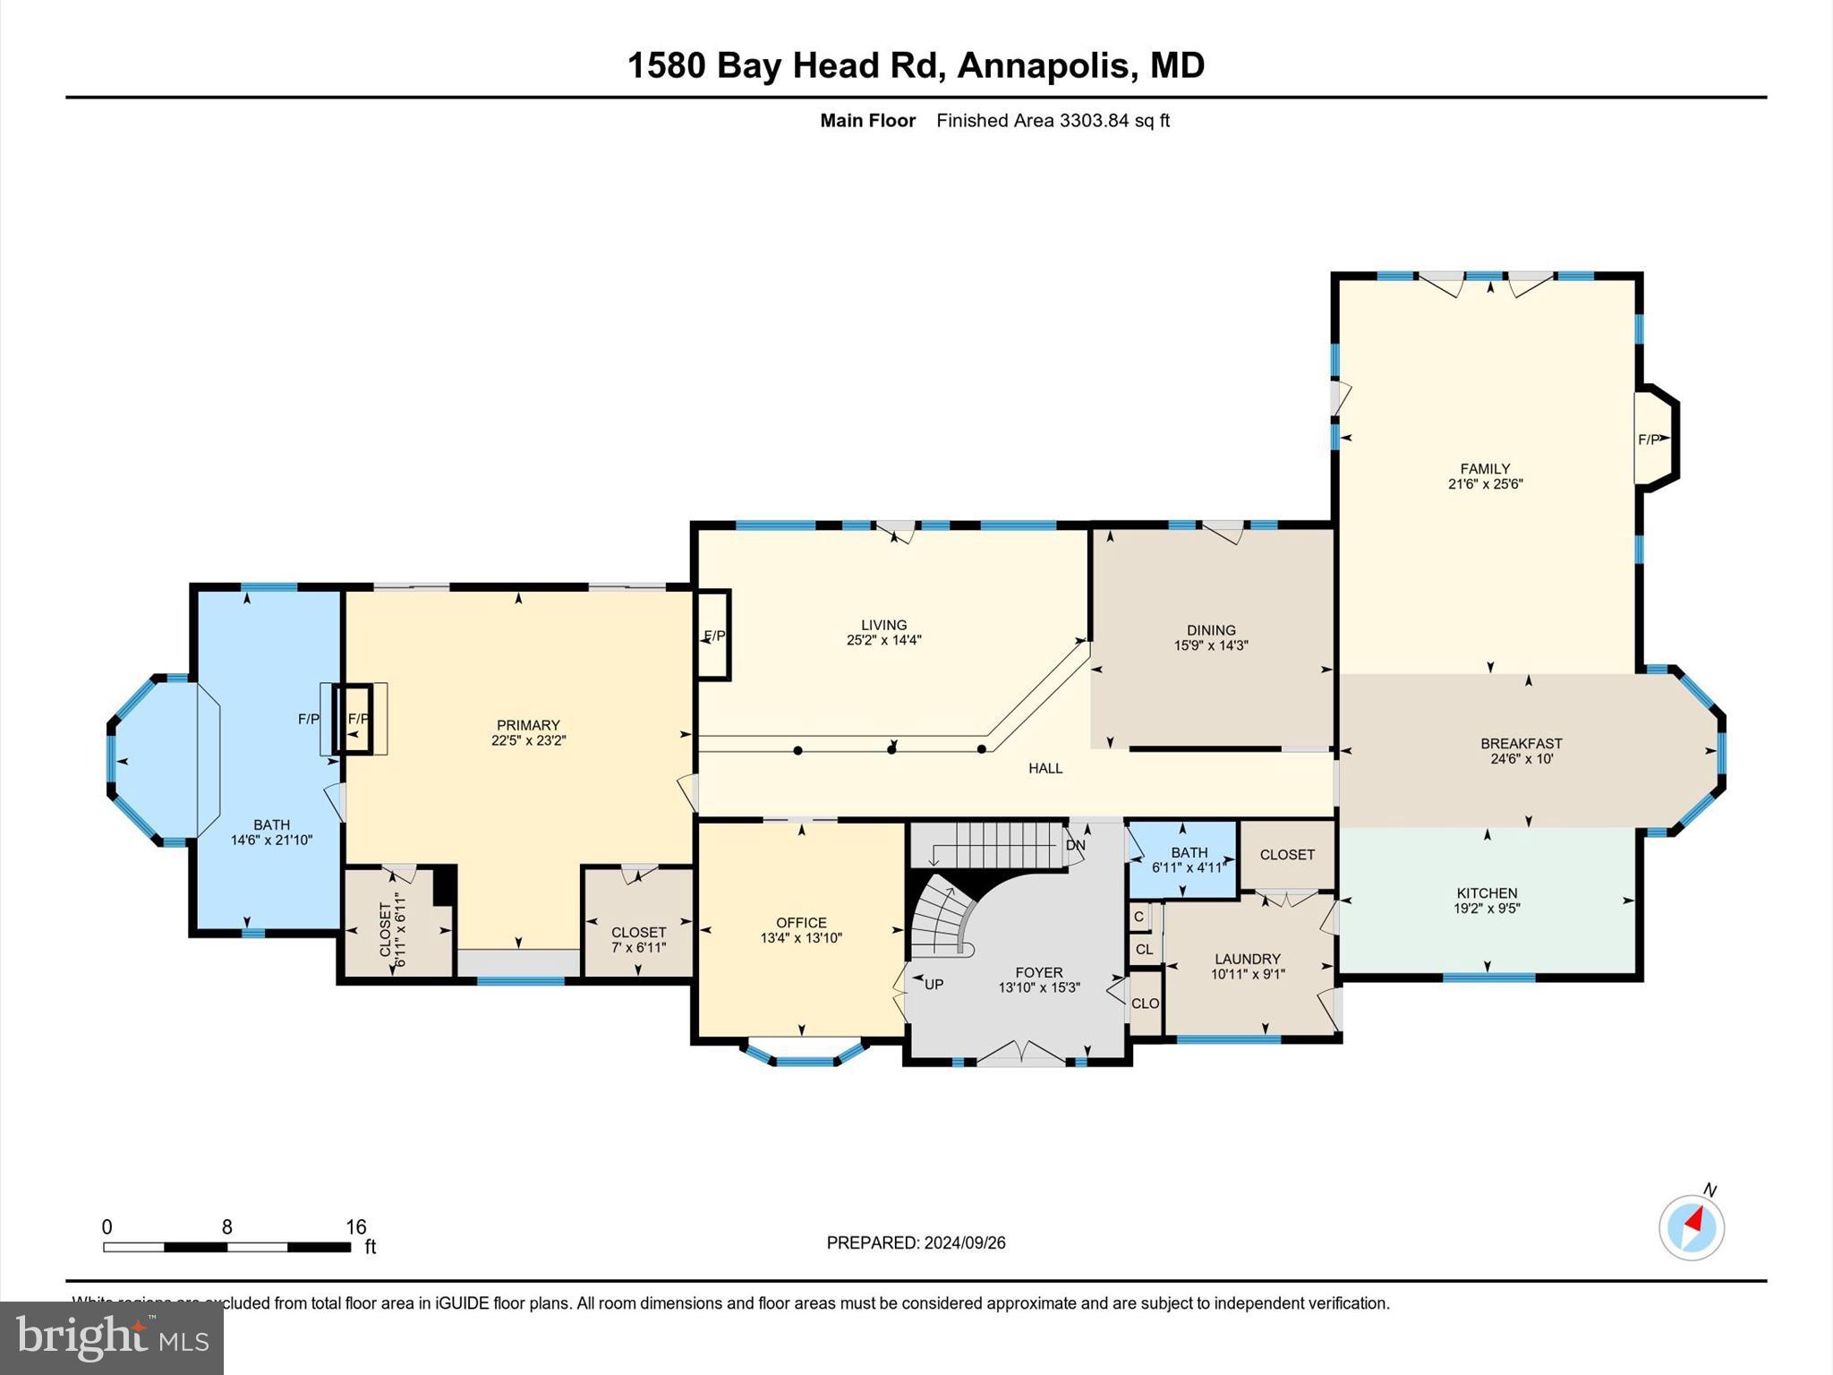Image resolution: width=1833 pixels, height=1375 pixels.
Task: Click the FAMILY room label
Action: tap(1485, 468)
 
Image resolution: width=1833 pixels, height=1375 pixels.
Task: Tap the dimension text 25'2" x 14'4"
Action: tap(883, 640)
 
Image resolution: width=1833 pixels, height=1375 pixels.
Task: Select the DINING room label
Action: tap(1211, 630)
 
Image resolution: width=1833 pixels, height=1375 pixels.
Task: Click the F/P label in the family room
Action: tap(1649, 440)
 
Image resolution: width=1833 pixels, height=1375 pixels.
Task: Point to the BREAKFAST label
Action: tap(1521, 743)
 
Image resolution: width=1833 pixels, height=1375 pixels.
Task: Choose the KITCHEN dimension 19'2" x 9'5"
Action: tap(1487, 908)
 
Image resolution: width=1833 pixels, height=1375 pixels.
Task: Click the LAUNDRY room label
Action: tap(1247, 959)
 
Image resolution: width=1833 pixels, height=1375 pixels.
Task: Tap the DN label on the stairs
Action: tap(1075, 845)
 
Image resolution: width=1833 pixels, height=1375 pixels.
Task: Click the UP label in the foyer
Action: tap(934, 985)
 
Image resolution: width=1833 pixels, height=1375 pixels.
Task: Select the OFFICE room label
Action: tap(801, 923)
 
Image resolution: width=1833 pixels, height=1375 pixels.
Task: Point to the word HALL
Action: tap(1044, 768)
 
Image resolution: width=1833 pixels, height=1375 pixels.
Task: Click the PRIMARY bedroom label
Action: tap(528, 725)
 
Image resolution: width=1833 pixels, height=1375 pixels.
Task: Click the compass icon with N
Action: tap(1691, 1227)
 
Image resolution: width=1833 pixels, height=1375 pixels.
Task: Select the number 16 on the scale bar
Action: tap(356, 1227)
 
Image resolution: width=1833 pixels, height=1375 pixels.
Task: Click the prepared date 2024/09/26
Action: tap(965, 1243)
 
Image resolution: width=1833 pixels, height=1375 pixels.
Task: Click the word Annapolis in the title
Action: tap(1044, 65)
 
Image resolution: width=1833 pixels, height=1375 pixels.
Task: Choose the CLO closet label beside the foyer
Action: tap(1145, 1003)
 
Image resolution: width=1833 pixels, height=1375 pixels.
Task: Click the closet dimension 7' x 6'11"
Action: tap(638, 947)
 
